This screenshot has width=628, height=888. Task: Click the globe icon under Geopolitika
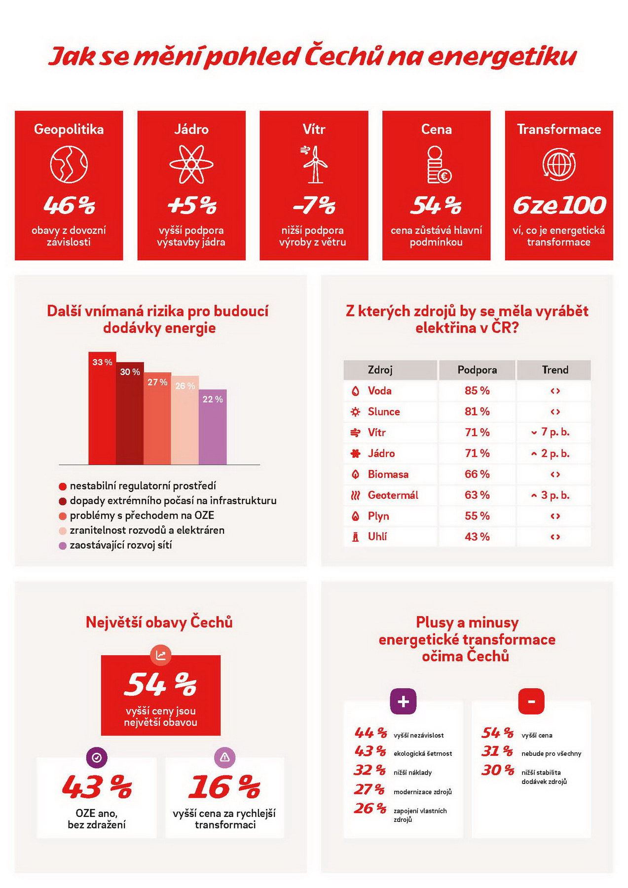click(69, 164)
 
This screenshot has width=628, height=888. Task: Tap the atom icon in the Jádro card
click(191, 164)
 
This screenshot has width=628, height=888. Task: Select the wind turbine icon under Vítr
click(314, 164)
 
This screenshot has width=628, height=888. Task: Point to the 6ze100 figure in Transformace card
click(559, 206)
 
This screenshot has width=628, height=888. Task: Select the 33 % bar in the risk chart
click(102, 408)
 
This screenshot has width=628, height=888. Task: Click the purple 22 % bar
click(213, 427)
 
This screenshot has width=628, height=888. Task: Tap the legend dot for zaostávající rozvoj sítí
click(63, 546)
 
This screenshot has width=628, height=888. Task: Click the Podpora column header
click(477, 370)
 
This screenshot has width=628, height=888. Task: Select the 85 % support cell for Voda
click(477, 391)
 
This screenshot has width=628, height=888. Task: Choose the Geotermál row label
click(393, 495)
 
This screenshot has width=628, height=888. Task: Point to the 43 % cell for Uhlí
click(477, 537)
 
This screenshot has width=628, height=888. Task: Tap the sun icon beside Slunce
click(355, 412)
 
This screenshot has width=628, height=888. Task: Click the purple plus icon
click(403, 701)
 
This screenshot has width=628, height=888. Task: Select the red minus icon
click(531, 701)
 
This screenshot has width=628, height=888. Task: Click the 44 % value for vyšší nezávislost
click(370, 733)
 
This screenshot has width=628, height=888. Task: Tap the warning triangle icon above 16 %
click(225, 757)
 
